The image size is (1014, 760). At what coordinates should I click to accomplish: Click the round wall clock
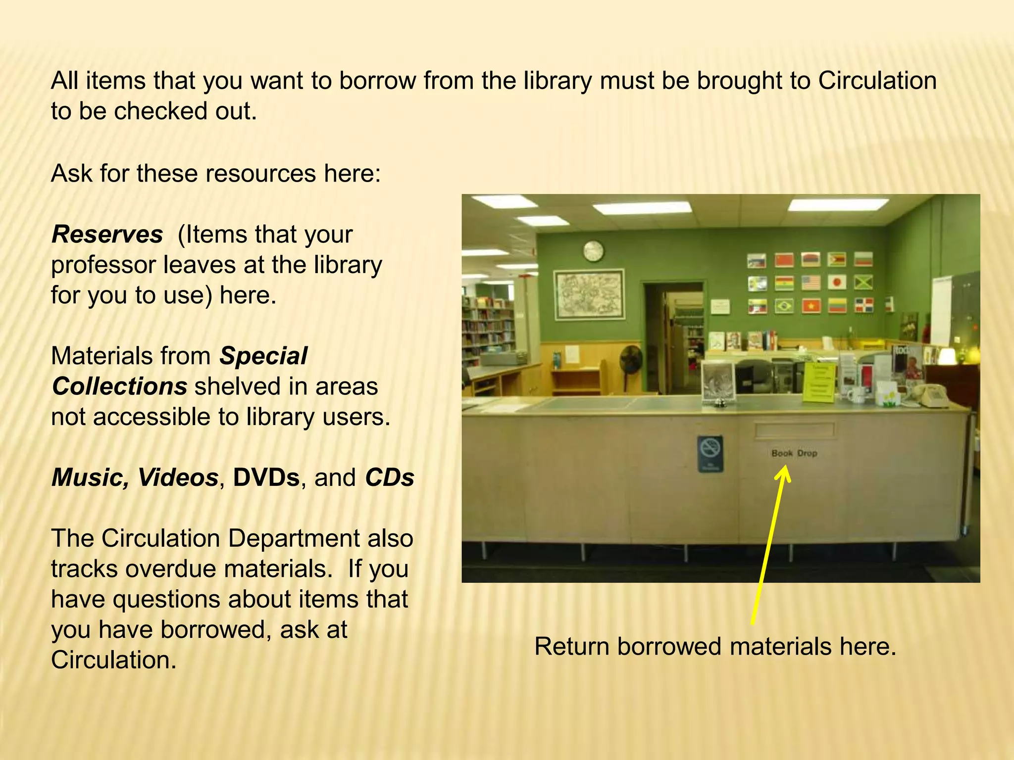593,251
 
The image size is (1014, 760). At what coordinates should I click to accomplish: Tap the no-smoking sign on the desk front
710,453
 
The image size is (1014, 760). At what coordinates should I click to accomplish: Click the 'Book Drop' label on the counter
794,453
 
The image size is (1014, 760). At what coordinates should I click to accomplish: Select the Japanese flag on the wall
837,283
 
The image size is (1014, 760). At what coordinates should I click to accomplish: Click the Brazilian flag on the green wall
784,305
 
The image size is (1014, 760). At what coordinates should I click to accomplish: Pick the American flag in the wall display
811,283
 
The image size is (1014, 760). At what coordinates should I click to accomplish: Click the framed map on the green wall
589,294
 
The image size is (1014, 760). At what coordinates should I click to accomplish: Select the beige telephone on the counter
929,396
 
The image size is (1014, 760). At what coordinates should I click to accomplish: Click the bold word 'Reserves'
107,235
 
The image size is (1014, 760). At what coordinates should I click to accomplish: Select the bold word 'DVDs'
266,478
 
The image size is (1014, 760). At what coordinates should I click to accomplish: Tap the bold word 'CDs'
390,478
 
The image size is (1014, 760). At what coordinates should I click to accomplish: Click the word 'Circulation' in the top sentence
877,81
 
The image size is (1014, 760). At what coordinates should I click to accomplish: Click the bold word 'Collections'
119,386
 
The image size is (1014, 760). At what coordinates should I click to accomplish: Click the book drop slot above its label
794,431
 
